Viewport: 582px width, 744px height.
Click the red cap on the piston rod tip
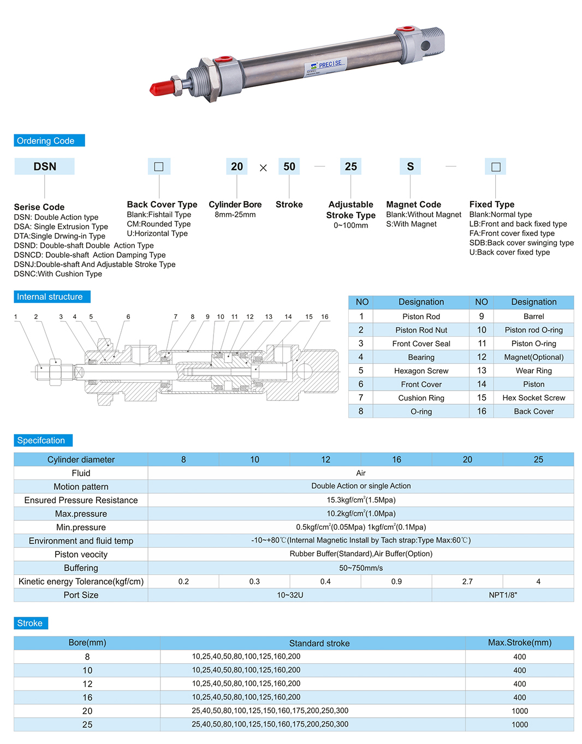(162, 87)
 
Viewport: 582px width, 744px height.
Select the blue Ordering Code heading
(49, 140)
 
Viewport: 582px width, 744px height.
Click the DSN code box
(45, 167)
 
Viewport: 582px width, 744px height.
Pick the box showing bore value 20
(237, 167)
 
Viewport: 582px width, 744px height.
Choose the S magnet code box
(411, 167)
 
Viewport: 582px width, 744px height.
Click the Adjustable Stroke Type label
(351, 210)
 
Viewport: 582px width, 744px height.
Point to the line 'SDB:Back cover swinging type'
(521, 243)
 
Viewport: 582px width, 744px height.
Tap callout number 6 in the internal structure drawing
(128, 317)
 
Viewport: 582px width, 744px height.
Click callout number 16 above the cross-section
(325, 317)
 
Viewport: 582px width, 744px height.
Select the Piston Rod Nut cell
(421, 330)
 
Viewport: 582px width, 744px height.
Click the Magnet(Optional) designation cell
(533, 357)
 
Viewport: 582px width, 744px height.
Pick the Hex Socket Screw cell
(533, 398)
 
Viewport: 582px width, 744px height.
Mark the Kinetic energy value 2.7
(467, 582)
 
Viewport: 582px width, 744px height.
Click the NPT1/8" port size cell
(503, 595)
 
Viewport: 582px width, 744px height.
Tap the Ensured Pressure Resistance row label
(81, 500)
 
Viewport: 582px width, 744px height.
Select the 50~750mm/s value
(361, 568)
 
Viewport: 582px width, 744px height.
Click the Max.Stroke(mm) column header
(520, 643)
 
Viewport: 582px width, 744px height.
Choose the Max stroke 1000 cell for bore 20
(520, 711)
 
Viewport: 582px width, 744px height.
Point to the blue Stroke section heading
(31, 623)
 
